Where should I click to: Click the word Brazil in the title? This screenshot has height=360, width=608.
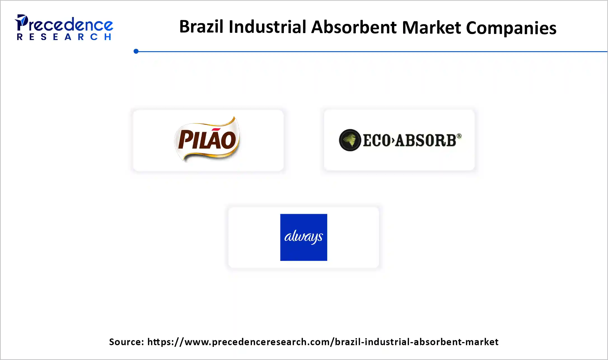tap(201, 27)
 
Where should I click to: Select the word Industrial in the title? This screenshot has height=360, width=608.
tap(267, 27)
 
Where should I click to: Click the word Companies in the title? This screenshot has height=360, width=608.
tap(511, 28)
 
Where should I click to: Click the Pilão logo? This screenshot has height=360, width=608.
tap(207, 139)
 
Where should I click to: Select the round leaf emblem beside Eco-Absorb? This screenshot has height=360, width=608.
tap(350, 140)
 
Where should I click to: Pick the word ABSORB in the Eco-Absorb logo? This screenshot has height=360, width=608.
tap(426, 140)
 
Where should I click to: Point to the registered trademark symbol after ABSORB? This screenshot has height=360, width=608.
tap(459, 136)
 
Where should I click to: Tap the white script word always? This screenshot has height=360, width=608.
tap(303, 237)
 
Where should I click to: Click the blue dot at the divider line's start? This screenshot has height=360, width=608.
tap(136, 51)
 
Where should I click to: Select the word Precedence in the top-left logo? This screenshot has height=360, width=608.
tap(70, 25)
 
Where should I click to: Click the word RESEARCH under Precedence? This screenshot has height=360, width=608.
tap(64, 37)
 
